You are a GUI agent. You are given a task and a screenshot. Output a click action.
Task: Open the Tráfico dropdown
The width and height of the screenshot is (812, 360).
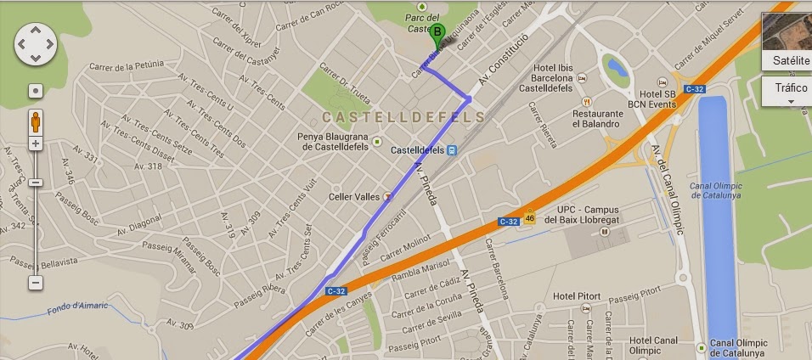(787, 92)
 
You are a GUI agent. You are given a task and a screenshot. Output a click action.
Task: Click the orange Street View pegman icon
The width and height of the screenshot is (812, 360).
(36, 121)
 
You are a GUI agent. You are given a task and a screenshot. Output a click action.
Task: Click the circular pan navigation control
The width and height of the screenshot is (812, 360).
(36, 43)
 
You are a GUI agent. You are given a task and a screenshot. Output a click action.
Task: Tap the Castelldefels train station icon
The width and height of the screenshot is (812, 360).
(451, 150)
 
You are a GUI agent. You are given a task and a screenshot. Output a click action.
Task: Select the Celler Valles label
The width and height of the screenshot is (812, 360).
(354, 196)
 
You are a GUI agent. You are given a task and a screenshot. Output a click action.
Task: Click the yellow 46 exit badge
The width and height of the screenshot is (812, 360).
(530, 217)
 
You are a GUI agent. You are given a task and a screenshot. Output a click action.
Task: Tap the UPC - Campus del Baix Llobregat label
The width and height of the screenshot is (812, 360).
(591, 214)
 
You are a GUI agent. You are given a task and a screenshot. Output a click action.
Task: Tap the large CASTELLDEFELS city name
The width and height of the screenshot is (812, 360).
(403, 116)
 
